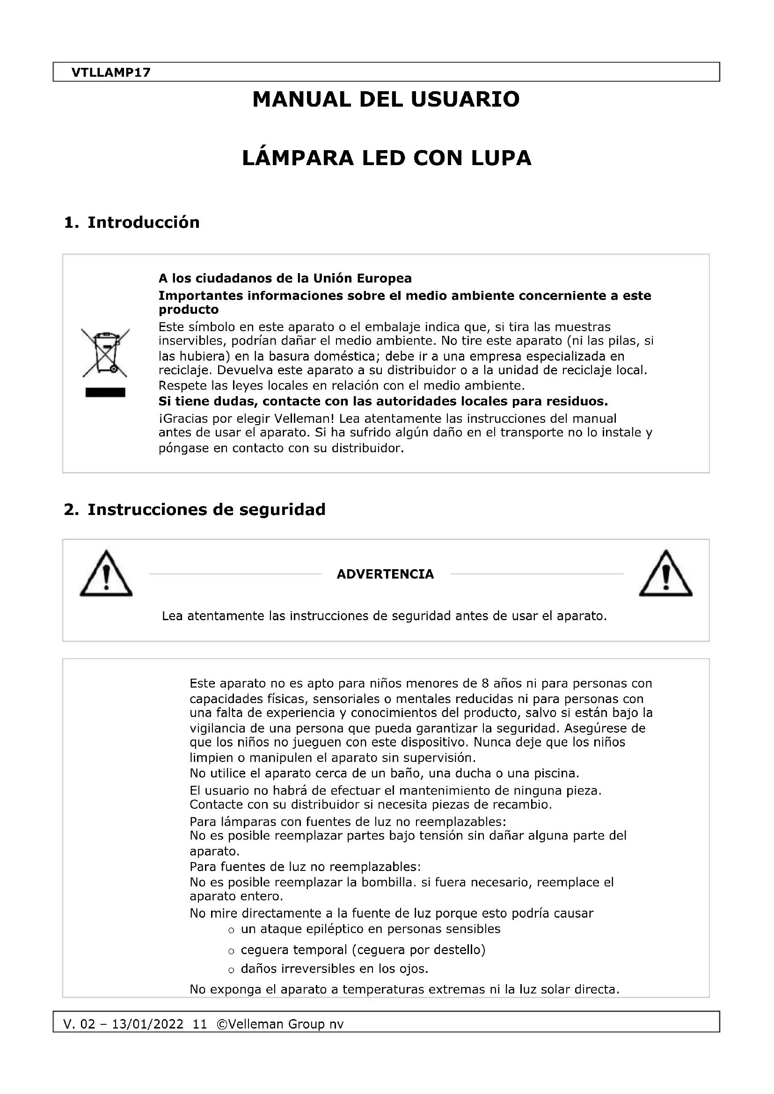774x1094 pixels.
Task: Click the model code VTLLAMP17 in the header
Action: (x=110, y=72)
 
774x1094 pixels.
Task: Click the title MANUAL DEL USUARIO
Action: (x=386, y=100)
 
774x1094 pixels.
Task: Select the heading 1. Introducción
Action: (x=131, y=223)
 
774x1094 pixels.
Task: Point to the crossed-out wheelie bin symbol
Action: (x=105, y=352)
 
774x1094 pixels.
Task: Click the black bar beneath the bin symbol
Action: (x=105, y=392)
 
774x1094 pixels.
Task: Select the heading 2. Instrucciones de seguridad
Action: (x=195, y=509)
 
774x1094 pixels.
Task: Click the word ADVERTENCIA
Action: (x=385, y=574)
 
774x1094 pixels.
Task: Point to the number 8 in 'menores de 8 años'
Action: (x=485, y=683)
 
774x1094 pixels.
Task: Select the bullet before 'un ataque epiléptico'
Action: (x=231, y=931)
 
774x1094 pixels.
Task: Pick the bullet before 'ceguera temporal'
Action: (x=231, y=951)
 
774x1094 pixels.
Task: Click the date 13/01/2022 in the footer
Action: (x=147, y=1024)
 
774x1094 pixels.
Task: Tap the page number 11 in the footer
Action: (x=200, y=1024)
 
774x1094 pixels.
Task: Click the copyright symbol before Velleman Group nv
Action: (x=222, y=1024)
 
